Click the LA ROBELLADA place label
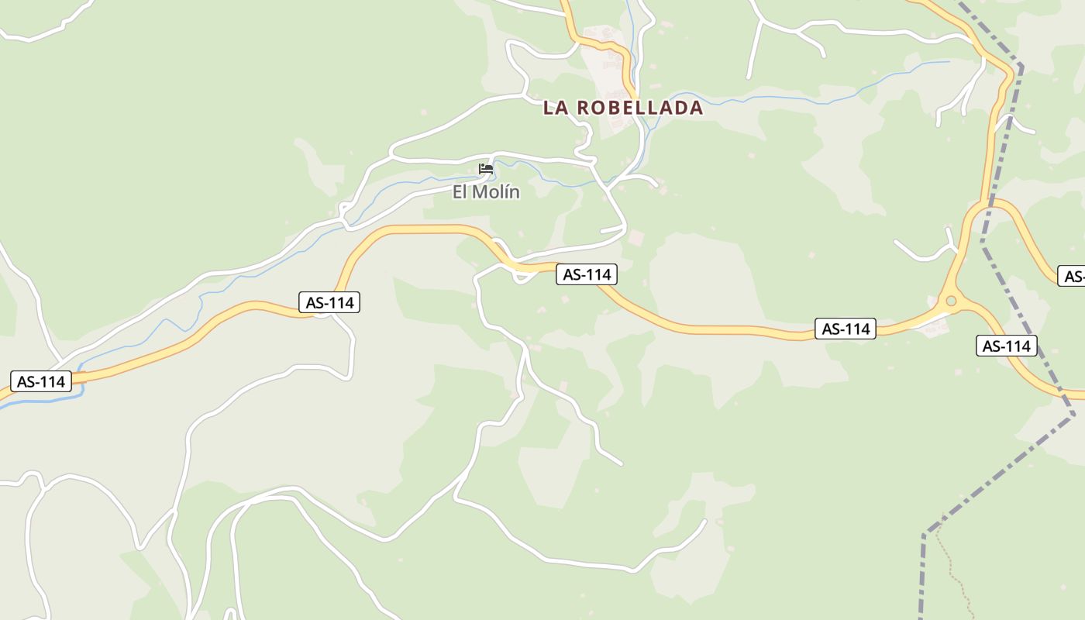pyautogui.click(x=622, y=108)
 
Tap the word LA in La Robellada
pyautogui.click(x=556, y=108)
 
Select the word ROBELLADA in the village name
pyautogui.click(x=640, y=108)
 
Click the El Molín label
pyautogui.click(x=486, y=192)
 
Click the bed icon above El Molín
pyautogui.click(x=486, y=168)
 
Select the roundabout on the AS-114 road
pyautogui.click(x=951, y=301)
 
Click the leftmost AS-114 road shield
pyautogui.click(x=40, y=381)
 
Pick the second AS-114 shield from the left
pyautogui.click(x=329, y=302)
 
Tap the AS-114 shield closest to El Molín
pyautogui.click(x=587, y=274)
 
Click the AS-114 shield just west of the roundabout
pyautogui.click(x=846, y=329)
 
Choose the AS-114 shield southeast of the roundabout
pyautogui.click(x=1006, y=346)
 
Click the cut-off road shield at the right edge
pyautogui.click(x=1073, y=276)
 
